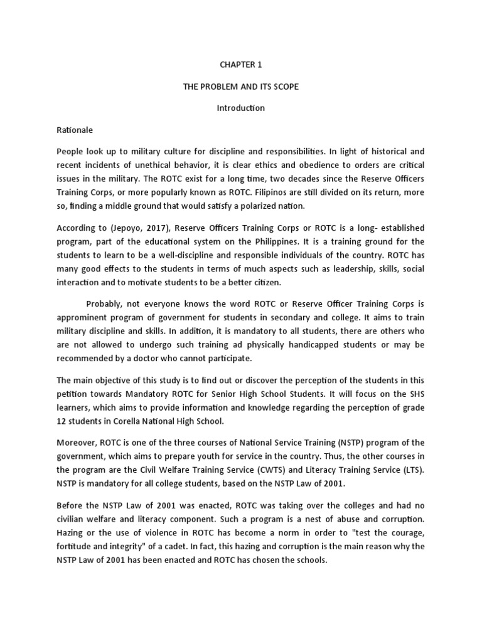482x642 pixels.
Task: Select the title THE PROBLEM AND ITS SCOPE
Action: tap(240, 87)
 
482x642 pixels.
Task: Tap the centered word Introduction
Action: tap(240, 108)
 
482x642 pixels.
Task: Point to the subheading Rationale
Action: tap(75, 130)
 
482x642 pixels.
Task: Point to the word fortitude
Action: tap(75, 532)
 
